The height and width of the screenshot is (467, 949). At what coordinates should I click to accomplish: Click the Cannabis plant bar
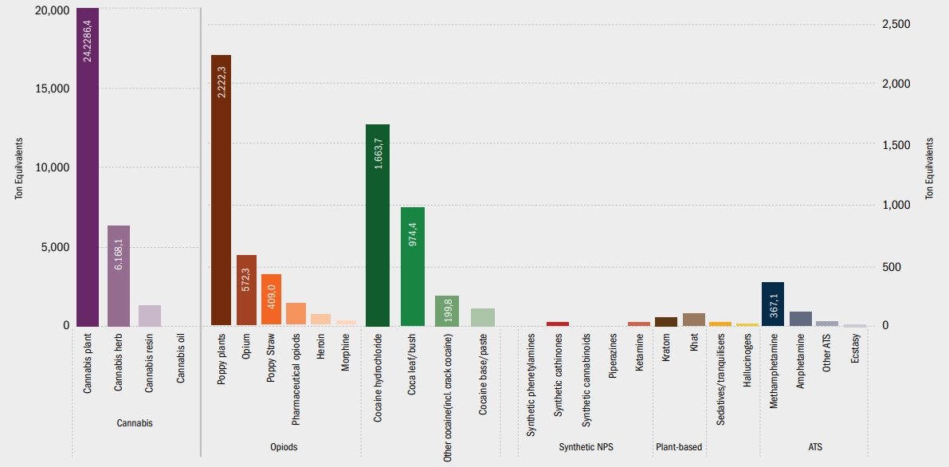[x=87, y=167]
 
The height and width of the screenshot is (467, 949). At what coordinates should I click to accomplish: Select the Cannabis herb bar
[x=119, y=275]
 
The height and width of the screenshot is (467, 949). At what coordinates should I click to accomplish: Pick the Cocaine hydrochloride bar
[x=378, y=225]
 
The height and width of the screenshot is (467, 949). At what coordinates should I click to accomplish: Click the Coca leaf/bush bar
[x=412, y=266]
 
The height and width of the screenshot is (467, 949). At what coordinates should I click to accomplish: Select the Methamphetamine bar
[x=773, y=304]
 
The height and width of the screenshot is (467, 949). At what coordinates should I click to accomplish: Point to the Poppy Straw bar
[x=271, y=300]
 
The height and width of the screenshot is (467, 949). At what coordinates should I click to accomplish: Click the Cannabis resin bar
[x=150, y=316]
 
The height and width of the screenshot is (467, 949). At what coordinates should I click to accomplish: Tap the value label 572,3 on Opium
[x=246, y=276]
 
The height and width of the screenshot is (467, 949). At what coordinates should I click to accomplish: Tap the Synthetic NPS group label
[x=586, y=447]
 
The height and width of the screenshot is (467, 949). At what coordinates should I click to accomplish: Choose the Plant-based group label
[x=678, y=447]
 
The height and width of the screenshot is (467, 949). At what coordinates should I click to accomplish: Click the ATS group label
[x=815, y=447]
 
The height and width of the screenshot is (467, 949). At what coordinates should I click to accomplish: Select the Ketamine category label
[x=639, y=351]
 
